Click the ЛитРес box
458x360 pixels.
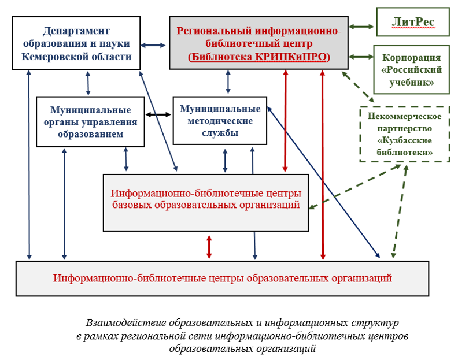pos(413,22)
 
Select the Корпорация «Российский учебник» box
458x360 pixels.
pos(412,69)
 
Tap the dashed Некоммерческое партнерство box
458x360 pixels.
pos(405,134)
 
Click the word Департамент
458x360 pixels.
pos(76,31)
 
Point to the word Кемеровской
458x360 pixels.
pos(55,57)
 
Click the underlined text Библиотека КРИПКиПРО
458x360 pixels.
pos(259,57)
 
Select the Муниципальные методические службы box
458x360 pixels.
pos(220,121)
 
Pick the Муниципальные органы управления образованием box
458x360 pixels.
pos(90,122)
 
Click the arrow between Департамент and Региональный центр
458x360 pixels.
pos(153,45)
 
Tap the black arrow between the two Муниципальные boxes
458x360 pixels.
pos(158,114)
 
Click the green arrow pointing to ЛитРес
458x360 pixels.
pos(361,27)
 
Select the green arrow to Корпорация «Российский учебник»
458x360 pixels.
pos(361,57)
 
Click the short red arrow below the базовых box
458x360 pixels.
pos(209,247)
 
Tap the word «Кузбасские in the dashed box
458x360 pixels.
pos(405,140)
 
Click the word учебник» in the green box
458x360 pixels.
pos(412,82)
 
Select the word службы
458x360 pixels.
pos(220,133)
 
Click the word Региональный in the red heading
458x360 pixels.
pos(214,31)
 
